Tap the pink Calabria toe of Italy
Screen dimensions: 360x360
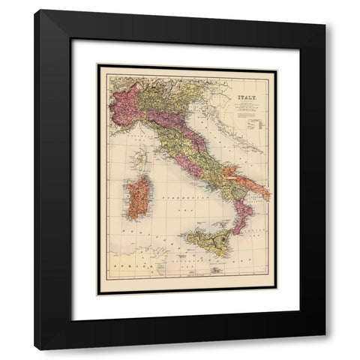click(x=241, y=216)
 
